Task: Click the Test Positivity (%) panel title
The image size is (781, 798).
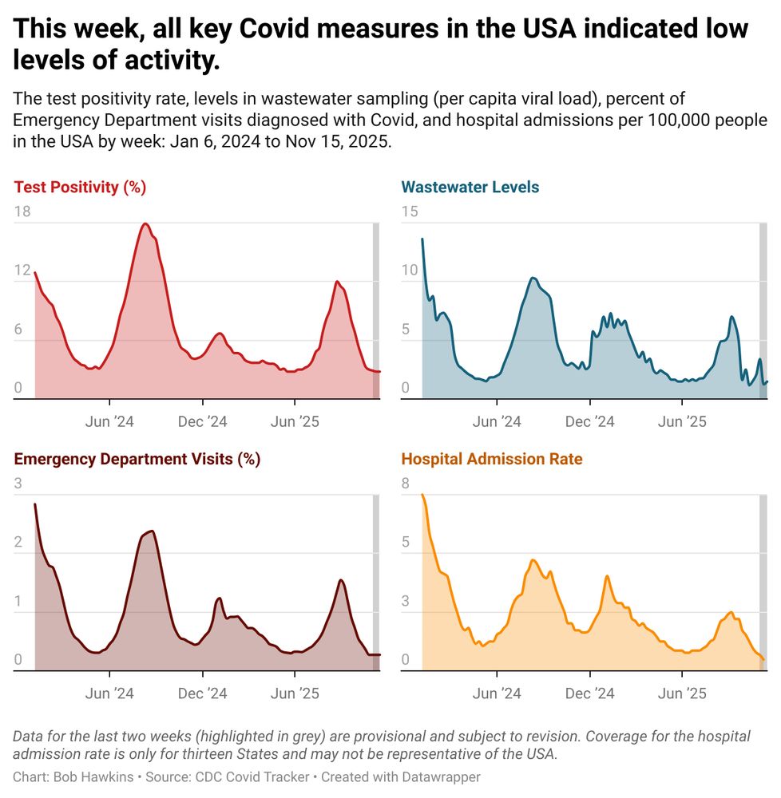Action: [x=80, y=188]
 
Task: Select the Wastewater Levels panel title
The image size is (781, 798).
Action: [x=470, y=188]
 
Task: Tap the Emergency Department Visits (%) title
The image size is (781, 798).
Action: [x=137, y=459]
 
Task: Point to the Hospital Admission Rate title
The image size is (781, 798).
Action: [x=491, y=459]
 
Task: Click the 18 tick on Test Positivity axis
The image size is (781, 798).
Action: [x=22, y=211]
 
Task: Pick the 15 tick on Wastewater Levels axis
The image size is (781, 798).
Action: [x=410, y=211]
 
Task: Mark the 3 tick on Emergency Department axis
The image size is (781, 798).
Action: [x=18, y=484]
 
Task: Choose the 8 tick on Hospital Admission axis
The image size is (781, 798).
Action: [x=406, y=484]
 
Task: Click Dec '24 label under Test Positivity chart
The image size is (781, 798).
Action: [x=203, y=421]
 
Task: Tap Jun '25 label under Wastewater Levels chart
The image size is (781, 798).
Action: [x=682, y=421]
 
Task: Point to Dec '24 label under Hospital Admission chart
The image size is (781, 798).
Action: [x=589, y=693]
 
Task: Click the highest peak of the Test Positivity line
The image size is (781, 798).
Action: [x=145, y=223]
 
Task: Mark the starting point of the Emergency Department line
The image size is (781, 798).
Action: [x=35, y=504]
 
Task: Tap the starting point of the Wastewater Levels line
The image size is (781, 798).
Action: [x=422, y=239]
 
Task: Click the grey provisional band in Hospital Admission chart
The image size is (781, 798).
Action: [x=763, y=583]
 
